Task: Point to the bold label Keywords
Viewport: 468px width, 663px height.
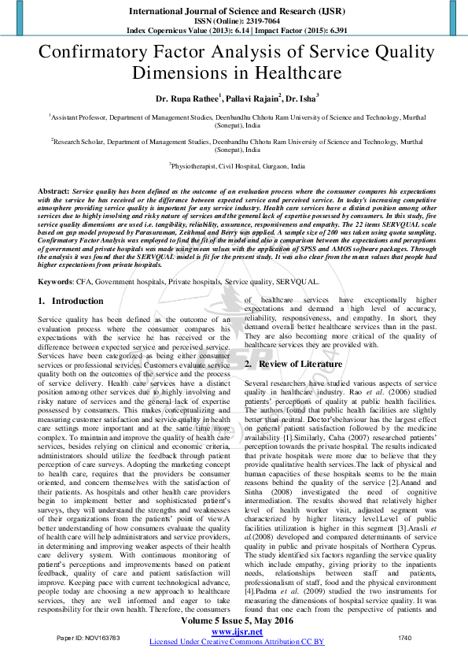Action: click(x=56, y=280)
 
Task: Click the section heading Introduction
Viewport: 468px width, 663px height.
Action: click(x=77, y=301)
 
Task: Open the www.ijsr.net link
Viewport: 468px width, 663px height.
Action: click(x=237, y=632)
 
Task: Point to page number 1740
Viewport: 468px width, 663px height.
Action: click(x=404, y=636)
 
